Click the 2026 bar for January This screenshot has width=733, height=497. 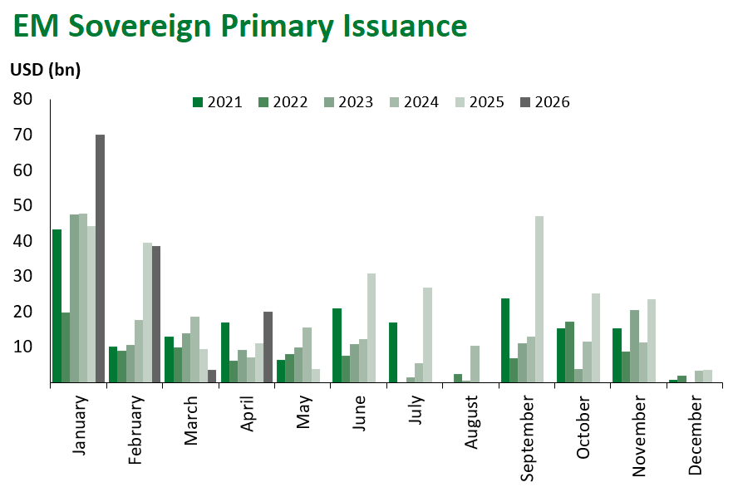click(x=100, y=258)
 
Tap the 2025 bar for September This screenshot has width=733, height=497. click(x=539, y=299)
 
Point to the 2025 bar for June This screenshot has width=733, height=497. click(x=371, y=327)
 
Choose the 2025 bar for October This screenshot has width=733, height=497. click(x=596, y=337)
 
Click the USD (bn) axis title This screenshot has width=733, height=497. click(x=45, y=70)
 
